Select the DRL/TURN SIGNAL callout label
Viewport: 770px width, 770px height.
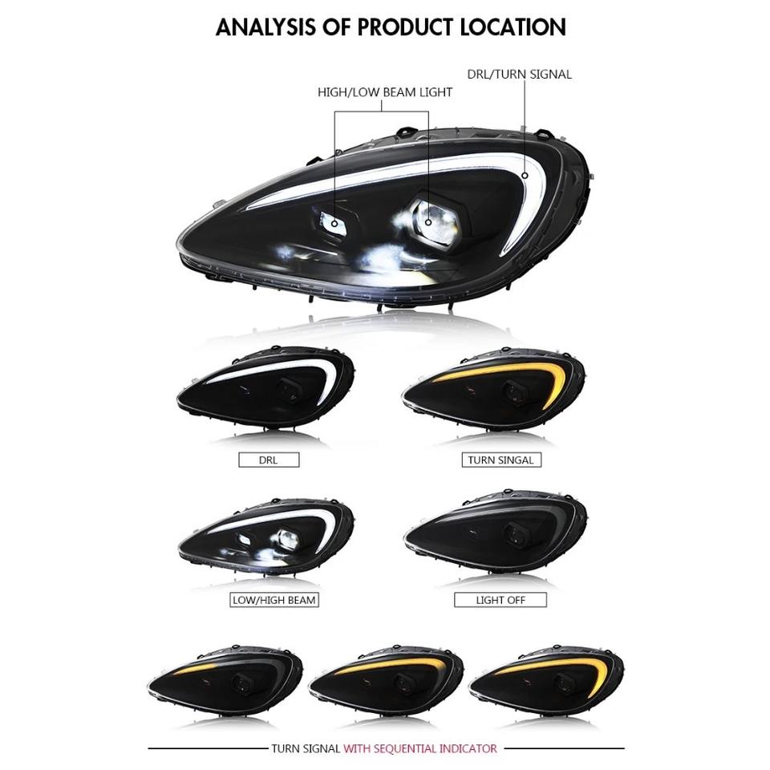click(x=519, y=74)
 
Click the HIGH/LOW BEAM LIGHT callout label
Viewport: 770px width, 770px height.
click(x=384, y=92)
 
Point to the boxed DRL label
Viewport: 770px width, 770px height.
click(x=268, y=460)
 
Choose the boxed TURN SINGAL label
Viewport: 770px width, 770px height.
click(x=500, y=460)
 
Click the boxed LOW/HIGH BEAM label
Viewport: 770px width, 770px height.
click(x=274, y=599)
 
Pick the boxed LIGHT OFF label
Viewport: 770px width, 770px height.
click(x=500, y=599)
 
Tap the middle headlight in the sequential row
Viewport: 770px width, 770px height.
click(x=385, y=681)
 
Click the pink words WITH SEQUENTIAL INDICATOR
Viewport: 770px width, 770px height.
click(x=420, y=748)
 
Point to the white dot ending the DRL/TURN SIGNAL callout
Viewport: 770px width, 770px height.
click(x=525, y=175)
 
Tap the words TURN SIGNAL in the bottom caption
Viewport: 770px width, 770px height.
click(x=306, y=748)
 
